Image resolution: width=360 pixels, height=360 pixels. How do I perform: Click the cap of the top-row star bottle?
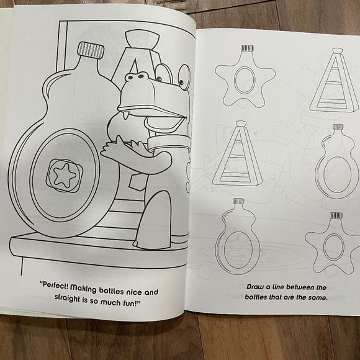[x=246, y=48]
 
